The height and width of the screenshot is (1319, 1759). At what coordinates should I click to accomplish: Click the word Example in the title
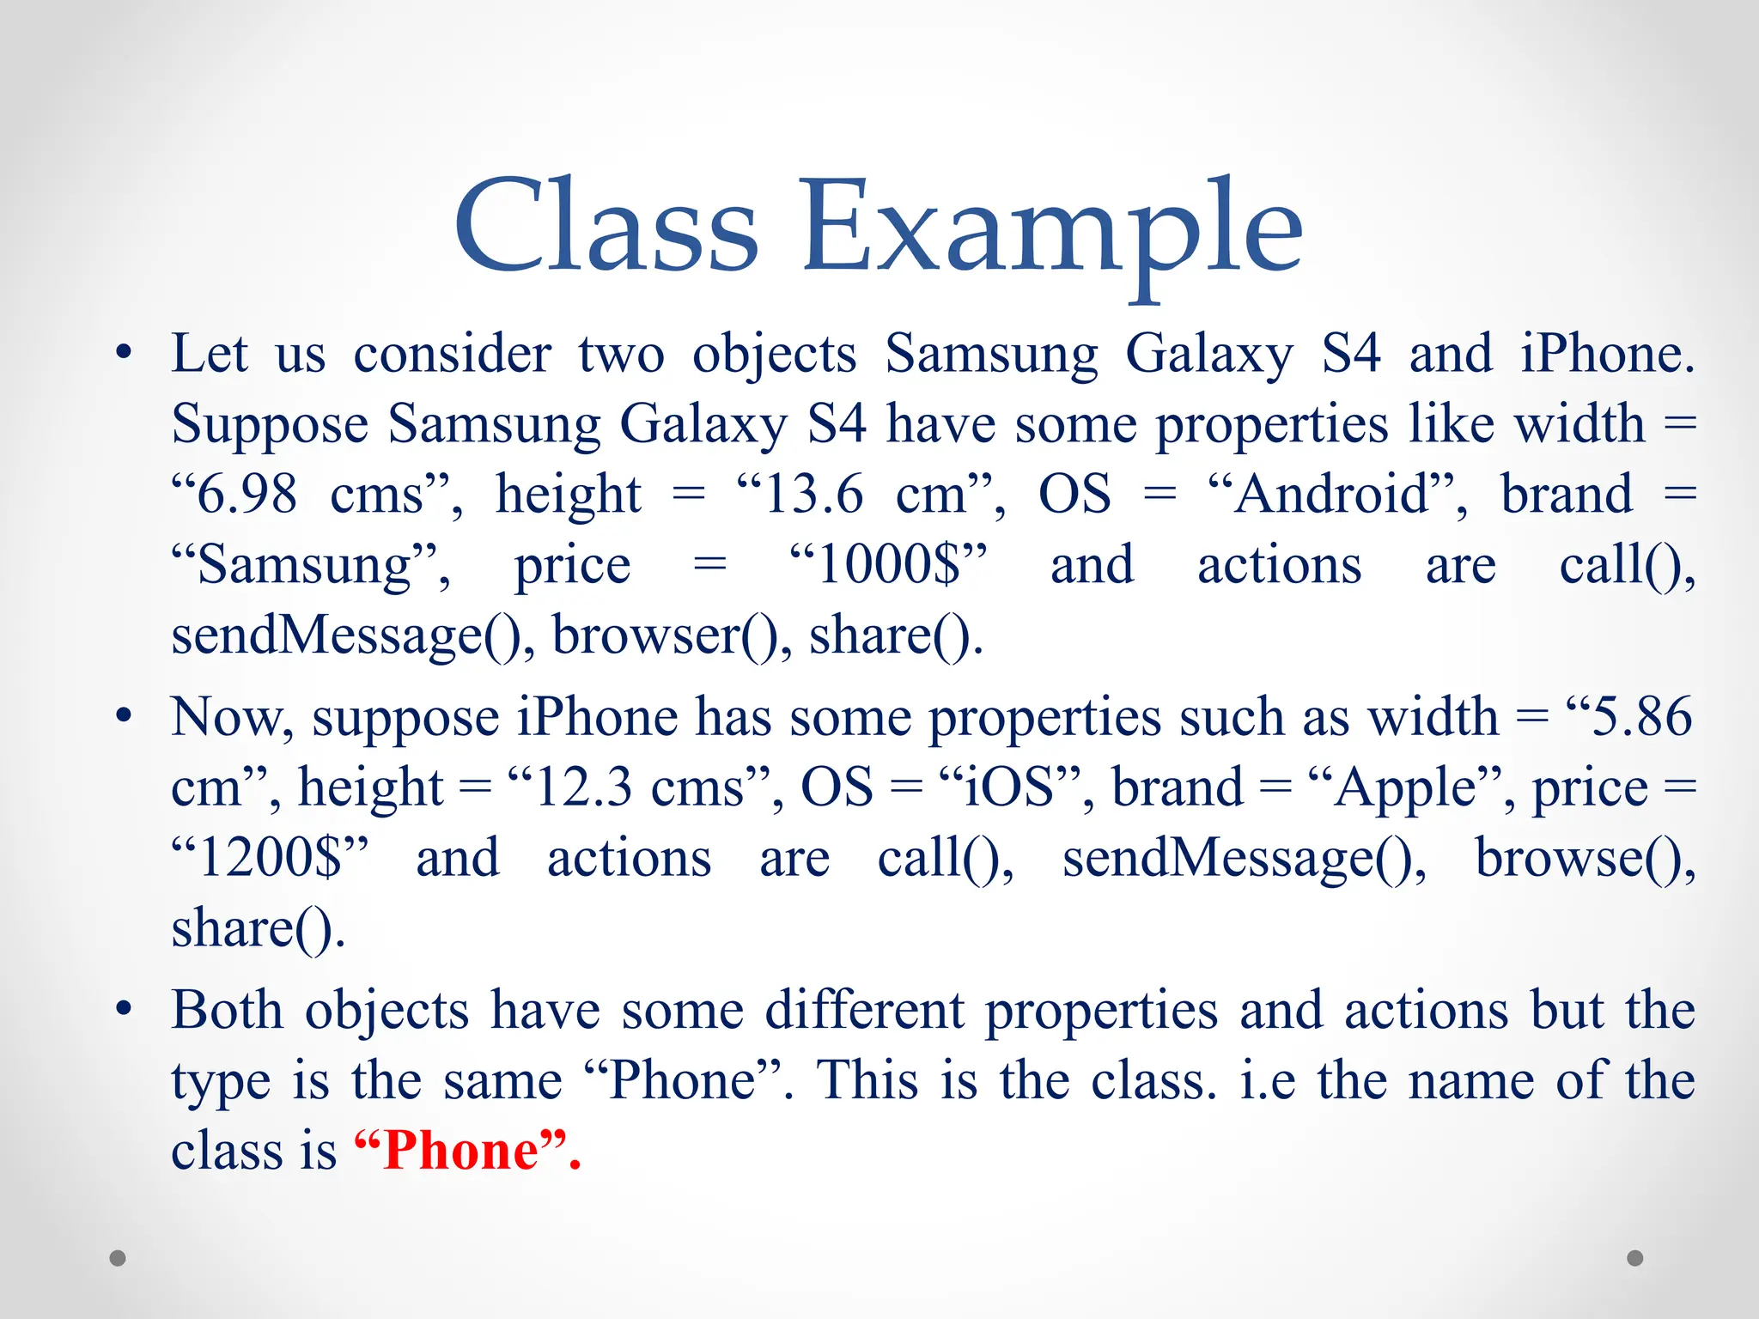point(1052,232)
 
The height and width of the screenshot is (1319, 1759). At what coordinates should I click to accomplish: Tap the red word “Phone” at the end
point(467,1150)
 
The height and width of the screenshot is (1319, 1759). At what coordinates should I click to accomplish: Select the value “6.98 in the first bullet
point(235,495)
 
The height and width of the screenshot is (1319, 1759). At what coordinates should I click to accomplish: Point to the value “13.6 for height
point(800,495)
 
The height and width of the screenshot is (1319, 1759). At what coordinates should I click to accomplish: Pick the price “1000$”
point(889,565)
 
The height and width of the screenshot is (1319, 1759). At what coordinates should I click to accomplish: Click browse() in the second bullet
point(1585,858)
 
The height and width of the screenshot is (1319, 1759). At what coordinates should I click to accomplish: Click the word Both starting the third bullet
point(227,1010)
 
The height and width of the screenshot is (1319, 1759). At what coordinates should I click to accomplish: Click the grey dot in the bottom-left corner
point(118,1258)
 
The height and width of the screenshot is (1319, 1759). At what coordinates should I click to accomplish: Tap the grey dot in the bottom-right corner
point(1635,1258)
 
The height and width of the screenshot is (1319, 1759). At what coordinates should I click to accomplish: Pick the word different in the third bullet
point(864,1010)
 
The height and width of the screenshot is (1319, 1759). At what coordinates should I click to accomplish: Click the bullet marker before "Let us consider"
point(125,353)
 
